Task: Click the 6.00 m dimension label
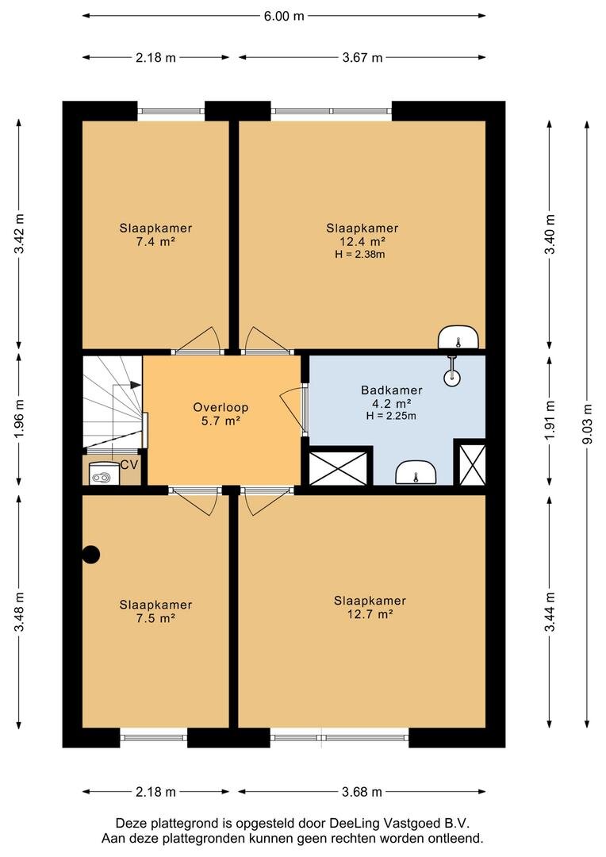pos(284,16)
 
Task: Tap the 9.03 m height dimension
pos(588,424)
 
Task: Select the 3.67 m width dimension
pos(362,57)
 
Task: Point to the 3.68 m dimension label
pos(362,791)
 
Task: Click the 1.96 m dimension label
pos(20,418)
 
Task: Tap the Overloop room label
pos(221,407)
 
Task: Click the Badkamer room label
pos(391,390)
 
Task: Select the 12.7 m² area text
pos(370,613)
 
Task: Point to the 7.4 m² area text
pos(155,241)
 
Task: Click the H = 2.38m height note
pos(360,254)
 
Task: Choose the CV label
pos(129,465)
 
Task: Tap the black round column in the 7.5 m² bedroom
pos(90,555)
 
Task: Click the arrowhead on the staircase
pos(136,386)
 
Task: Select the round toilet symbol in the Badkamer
pos(452,377)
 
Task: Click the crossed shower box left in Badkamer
pos(338,468)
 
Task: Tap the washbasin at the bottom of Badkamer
pos(416,472)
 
